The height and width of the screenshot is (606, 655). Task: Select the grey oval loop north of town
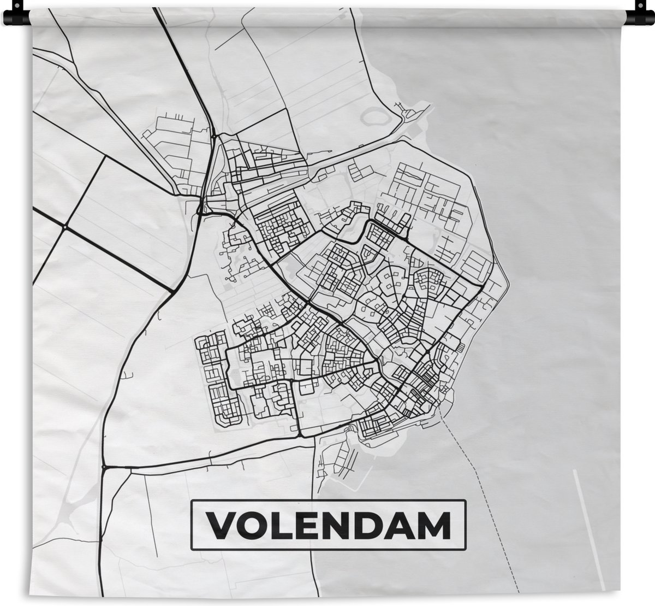[376, 116]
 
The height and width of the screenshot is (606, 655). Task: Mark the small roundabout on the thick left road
[64, 226]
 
